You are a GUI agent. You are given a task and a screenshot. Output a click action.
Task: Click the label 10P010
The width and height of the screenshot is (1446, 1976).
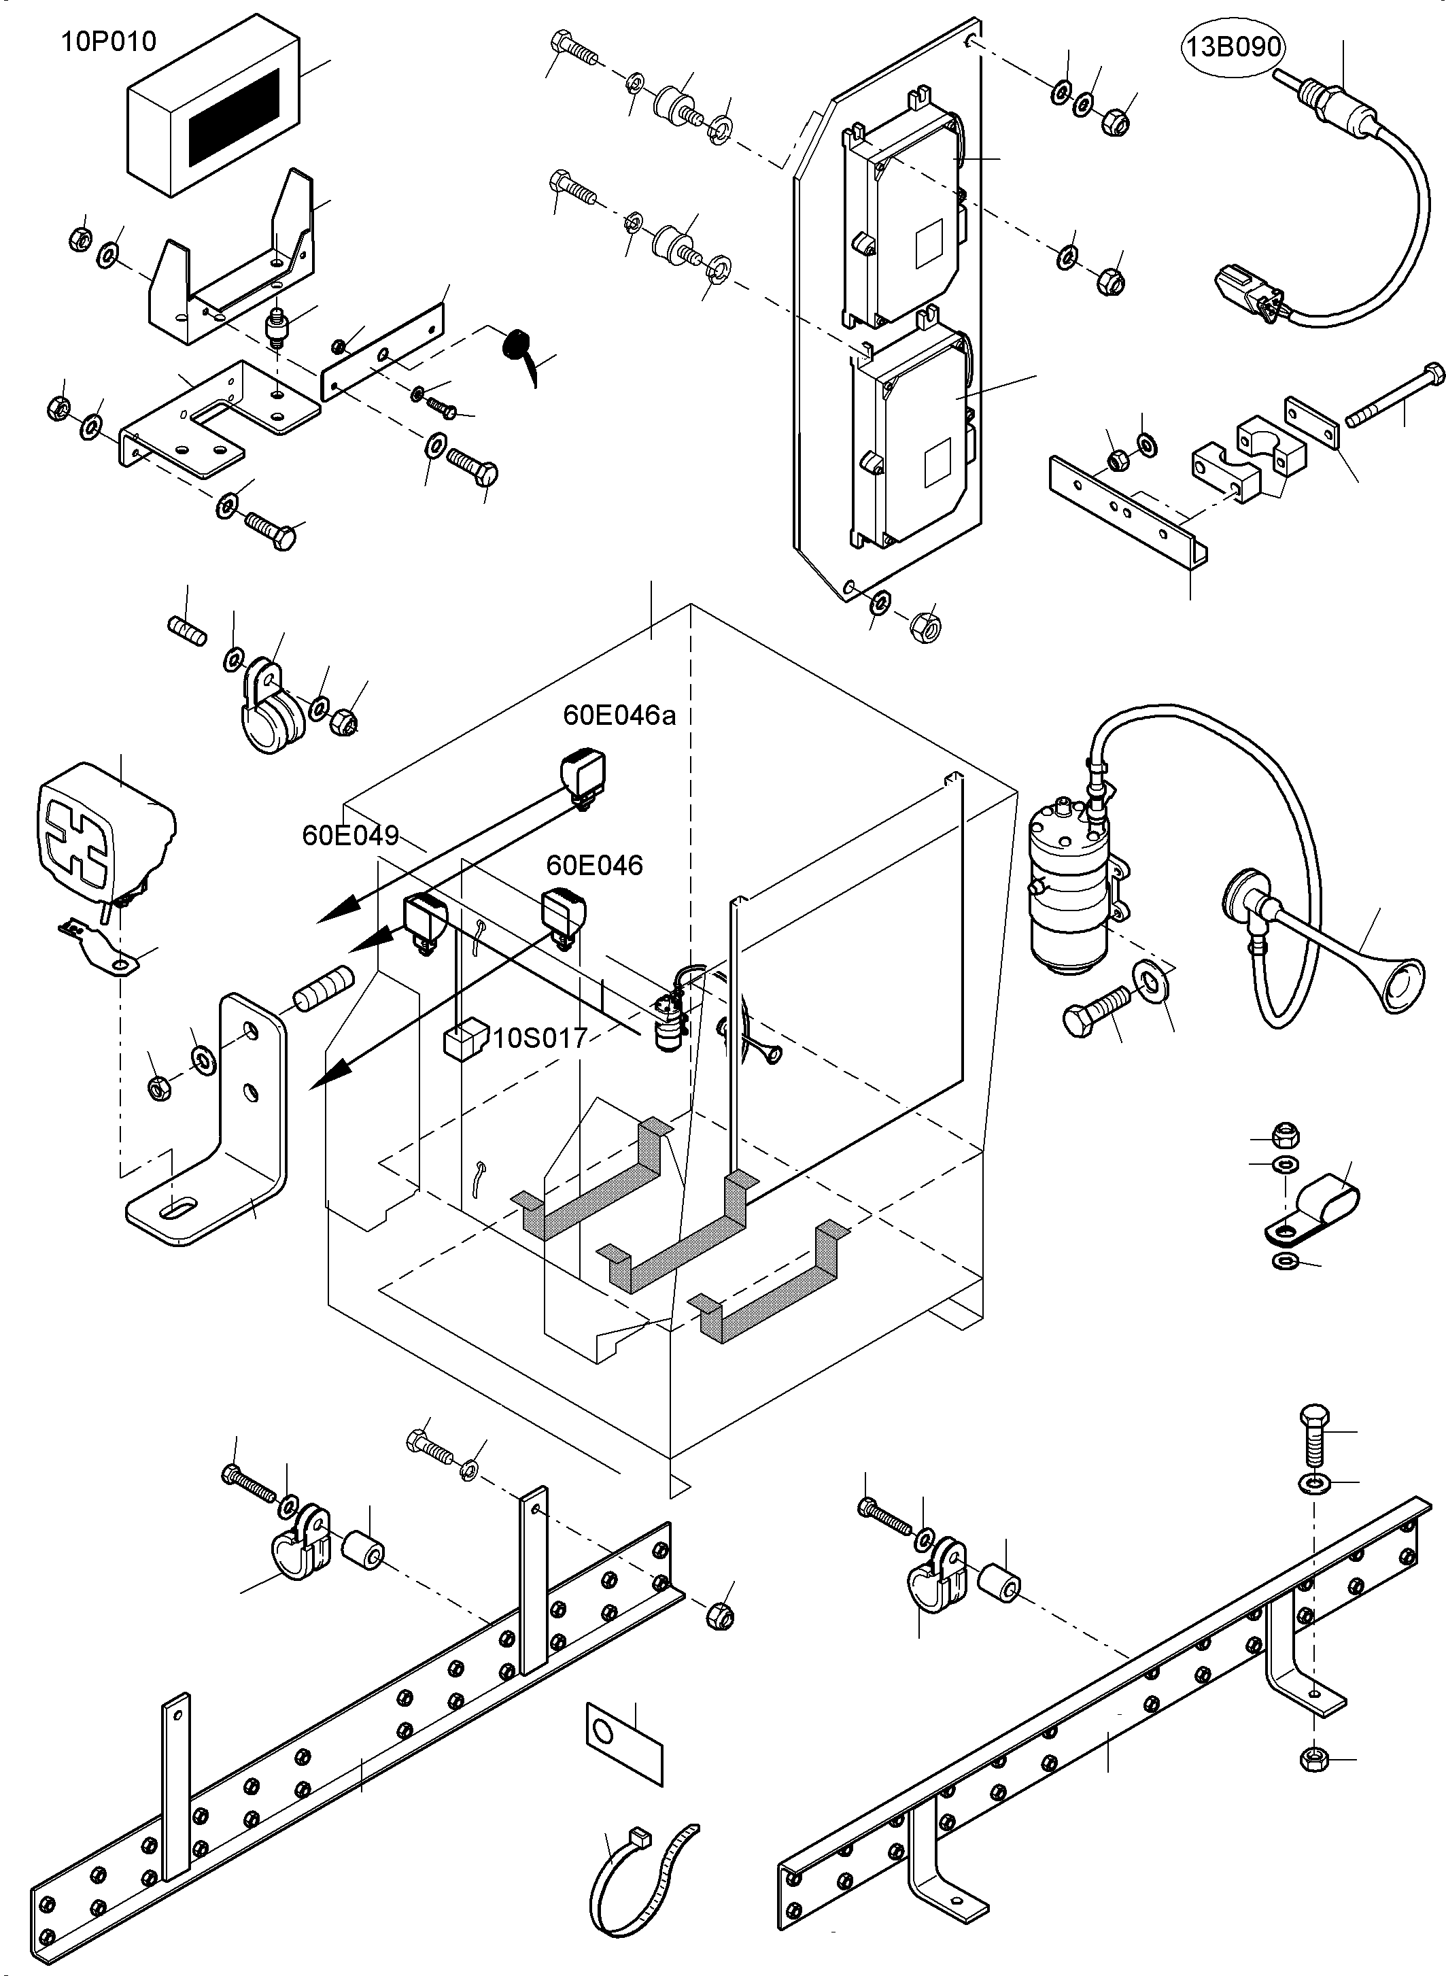[109, 41]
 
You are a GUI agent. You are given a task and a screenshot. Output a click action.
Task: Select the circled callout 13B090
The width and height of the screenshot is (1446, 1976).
[1233, 46]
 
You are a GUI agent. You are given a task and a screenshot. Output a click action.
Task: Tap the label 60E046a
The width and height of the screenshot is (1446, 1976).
[619, 715]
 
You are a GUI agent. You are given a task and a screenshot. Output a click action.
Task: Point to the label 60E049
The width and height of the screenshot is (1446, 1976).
[350, 835]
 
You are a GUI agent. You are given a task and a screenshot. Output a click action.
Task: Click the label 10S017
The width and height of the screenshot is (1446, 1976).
[540, 1038]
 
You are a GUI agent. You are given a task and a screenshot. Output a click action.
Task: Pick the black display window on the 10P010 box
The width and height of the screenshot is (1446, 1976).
[235, 118]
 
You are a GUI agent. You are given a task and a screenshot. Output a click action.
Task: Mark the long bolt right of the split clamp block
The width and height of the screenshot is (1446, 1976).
[1394, 396]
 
